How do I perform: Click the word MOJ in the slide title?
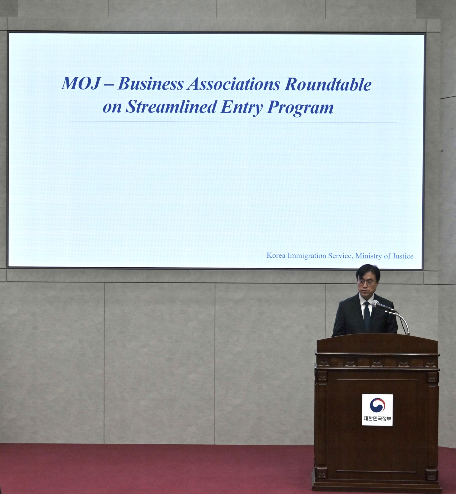point(80,83)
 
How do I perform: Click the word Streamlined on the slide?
point(171,107)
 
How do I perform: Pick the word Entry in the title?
point(241,108)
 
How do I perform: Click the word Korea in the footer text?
point(276,255)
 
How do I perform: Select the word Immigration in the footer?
point(306,256)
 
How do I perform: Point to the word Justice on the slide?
point(403,256)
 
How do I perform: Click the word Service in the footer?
point(340,256)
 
